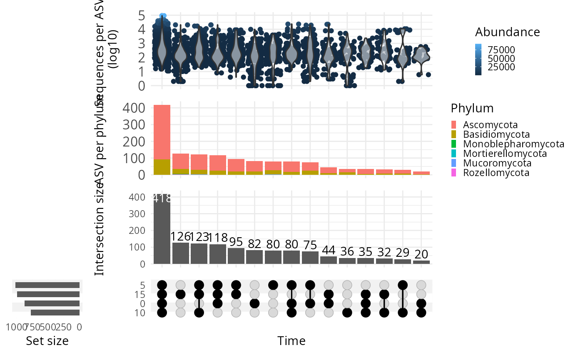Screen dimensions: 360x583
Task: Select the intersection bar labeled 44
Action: pyautogui.click(x=329, y=260)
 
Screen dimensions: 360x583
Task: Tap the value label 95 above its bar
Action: pyautogui.click(x=236, y=242)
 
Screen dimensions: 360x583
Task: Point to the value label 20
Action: pyautogui.click(x=421, y=254)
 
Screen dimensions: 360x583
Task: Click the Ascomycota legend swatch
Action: pyautogui.click(x=454, y=124)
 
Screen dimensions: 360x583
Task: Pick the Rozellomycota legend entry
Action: pyautogui.click(x=496, y=173)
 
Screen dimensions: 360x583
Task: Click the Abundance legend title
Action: pyautogui.click(x=508, y=32)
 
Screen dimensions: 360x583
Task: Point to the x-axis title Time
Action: pyautogui.click(x=291, y=341)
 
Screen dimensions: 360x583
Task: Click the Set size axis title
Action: pyautogui.click(x=47, y=341)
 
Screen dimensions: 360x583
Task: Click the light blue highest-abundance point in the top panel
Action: pyautogui.click(x=163, y=16)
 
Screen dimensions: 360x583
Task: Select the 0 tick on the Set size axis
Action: pyautogui.click(x=79, y=327)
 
